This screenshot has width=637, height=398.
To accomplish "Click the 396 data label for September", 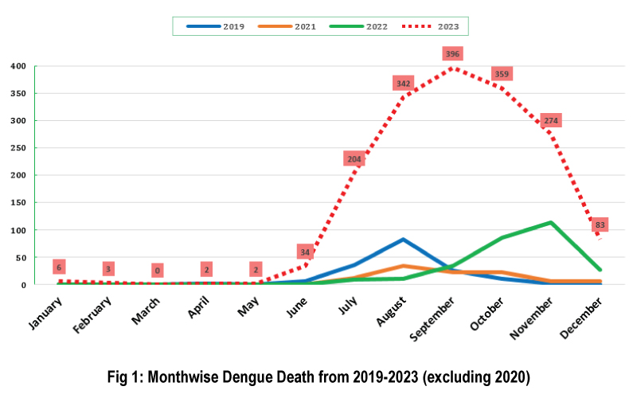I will pos(453,53).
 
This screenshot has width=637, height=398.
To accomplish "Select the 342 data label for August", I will pos(404,83).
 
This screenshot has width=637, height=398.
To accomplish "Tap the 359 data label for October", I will pos(502,73).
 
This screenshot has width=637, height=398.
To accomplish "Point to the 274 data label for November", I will pos(551,120).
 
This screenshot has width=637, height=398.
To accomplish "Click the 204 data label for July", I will pos(354,158).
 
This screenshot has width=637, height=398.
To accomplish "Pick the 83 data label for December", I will pos(600,224).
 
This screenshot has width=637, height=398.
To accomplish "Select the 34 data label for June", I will pos(305,252).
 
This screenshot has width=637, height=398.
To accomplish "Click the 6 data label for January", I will pos(58,267).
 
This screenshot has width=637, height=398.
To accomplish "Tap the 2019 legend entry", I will pos(215,26).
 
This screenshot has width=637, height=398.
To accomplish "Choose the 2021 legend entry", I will pos(287,26).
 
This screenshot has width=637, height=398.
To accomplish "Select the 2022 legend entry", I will pos(358,26).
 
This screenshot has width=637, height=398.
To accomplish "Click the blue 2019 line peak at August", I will pos(404,239).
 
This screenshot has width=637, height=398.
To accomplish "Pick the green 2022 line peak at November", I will pos(551,222).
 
